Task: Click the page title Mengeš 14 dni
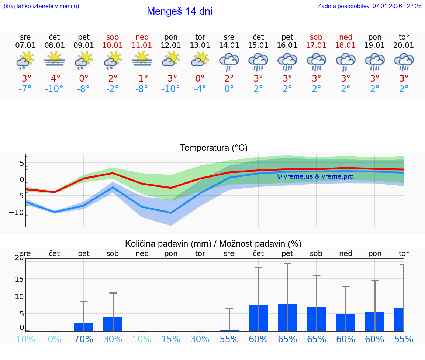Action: tap(179, 11)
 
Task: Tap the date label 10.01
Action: tap(113, 45)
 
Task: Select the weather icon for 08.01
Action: tap(55, 59)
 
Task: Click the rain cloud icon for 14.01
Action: tap(229, 61)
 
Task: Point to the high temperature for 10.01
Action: tap(113, 79)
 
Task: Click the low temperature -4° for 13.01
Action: tap(200, 89)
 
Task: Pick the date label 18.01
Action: tap(345, 45)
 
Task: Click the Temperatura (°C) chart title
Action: tap(214, 148)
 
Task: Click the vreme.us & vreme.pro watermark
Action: tap(315, 176)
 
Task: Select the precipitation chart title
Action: tap(213, 244)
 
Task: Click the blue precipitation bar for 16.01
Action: tap(287, 318)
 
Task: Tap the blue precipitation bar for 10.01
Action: tap(113, 324)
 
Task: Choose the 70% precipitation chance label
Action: tap(84, 339)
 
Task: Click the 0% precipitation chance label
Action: tap(55, 339)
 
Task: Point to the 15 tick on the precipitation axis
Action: tap(19, 279)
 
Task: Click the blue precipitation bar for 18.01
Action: tap(345, 322)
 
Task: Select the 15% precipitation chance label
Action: tap(171, 339)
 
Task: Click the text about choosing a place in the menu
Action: tap(41, 6)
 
